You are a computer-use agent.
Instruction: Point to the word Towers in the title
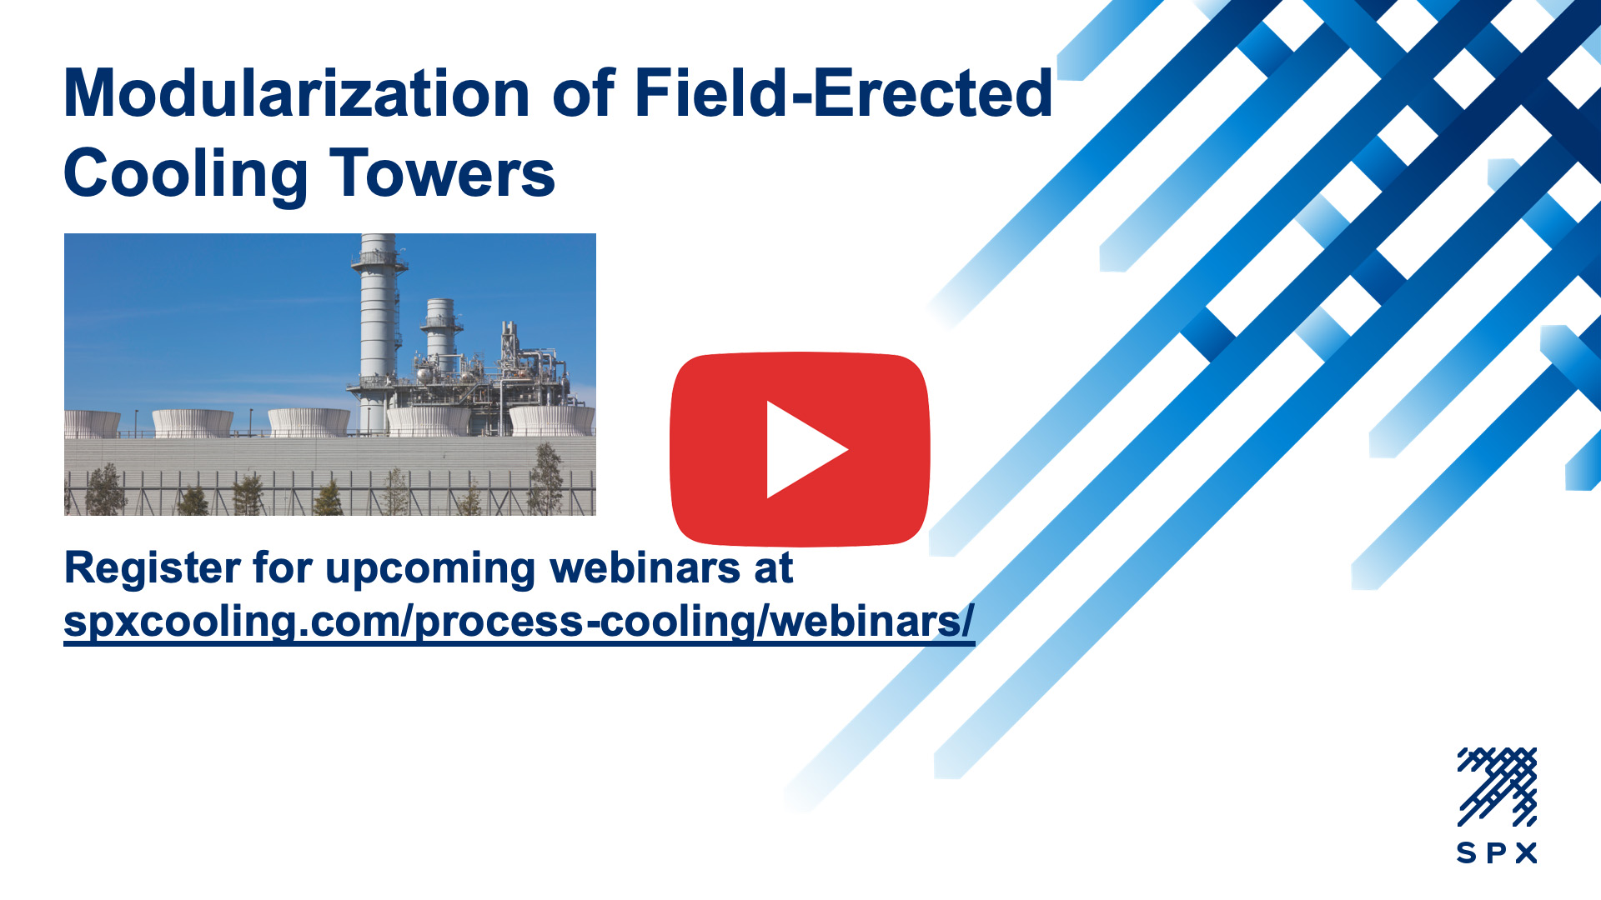443,173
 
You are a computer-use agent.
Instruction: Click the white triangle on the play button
806,450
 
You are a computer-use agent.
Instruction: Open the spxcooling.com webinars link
519,622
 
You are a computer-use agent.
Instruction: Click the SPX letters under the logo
1497,853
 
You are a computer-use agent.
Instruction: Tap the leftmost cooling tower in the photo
92,423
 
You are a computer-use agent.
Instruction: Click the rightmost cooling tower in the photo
552,420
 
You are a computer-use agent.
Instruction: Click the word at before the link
774,568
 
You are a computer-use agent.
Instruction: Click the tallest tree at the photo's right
546,478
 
